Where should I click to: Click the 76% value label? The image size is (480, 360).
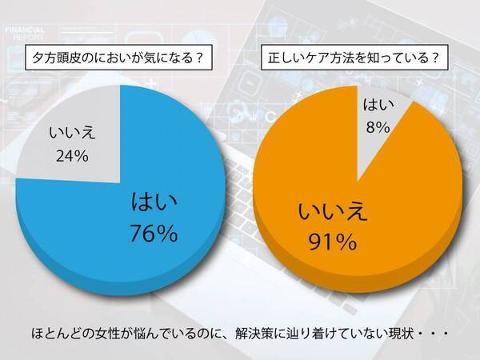(153, 234)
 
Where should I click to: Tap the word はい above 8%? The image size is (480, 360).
(377, 104)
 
